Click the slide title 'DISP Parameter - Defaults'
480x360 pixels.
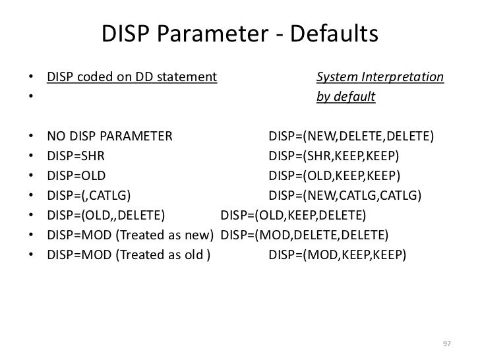click(240, 34)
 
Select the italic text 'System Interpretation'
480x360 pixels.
click(380, 78)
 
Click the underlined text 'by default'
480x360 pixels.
click(345, 98)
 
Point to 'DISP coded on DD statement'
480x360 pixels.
click(132, 78)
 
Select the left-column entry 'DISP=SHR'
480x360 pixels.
click(75, 157)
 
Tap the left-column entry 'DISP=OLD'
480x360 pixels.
click(76, 176)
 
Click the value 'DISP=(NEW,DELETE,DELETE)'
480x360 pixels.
click(351, 137)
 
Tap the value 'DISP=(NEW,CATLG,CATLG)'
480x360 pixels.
click(346, 196)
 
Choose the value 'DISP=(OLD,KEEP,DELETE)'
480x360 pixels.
click(293, 216)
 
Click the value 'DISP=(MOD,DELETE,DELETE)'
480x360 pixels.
click(304, 235)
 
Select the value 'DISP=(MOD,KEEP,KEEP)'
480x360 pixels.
click(339, 255)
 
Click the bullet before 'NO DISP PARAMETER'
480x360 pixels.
click(31, 138)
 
